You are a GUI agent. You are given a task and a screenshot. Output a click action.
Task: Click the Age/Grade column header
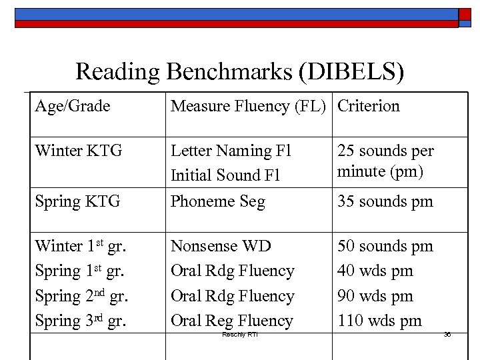73,106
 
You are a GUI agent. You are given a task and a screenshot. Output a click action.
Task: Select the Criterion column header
369,106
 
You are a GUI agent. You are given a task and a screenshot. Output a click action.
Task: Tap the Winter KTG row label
79,151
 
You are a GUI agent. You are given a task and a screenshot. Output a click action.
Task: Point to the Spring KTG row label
77,201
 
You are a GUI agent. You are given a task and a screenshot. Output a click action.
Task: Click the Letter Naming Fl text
231,151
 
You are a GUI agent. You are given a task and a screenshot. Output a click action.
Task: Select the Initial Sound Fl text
225,175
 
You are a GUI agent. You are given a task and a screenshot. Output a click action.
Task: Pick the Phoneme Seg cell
218,201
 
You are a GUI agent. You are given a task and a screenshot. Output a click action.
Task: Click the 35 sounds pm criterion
385,201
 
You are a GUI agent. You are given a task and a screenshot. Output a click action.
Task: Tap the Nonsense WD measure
221,246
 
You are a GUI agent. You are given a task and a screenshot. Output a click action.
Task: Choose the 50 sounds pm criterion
385,246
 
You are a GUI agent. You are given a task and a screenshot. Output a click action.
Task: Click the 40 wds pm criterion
375,271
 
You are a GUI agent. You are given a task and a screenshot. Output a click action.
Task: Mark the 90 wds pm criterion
375,296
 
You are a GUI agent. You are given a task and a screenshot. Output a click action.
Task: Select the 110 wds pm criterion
379,321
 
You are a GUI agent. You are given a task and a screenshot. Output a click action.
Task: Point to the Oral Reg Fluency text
232,321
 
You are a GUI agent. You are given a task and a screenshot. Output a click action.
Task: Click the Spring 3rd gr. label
80,321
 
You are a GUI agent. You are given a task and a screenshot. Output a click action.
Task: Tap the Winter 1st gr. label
80,246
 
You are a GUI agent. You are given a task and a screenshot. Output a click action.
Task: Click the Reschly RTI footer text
239,334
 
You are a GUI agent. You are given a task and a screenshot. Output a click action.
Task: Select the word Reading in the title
119,72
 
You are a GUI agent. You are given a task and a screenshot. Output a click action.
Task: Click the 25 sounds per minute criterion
385,161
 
